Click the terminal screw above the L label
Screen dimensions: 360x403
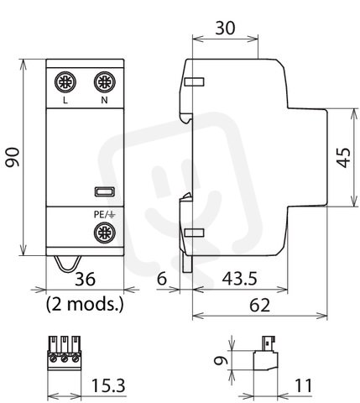pyautogui.click(x=65, y=82)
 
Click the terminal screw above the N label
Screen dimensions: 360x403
pyautogui.click(x=105, y=82)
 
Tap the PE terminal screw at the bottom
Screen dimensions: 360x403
pyautogui.click(x=105, y=233)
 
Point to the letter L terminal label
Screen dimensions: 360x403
pyautogui.click(x=65, y=100)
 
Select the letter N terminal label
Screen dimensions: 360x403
pyautogui.click(x=104, y=100)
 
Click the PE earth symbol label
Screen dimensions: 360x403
pyautogui.click(x=104, y=215)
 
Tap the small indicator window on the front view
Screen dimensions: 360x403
pyautogui.click(x=105, y=191)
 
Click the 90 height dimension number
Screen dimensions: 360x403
pyautogui.click(x=13, y=158)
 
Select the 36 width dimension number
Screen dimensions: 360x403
pyautogui.click(x=85, y=279)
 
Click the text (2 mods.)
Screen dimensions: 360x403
pyautogui.click(x=85, y=304)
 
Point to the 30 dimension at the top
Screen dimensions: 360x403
pyautogui.click(x=225, y=28)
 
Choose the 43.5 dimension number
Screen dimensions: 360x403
pyautogui.click(x=239, y=279)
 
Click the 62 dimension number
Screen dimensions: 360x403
pyautogui.click(x=260, y=305)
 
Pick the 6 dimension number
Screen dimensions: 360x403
pyautogui.click(x=162, y=279)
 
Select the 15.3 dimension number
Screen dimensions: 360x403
pyautogui.click(x=108, y=385)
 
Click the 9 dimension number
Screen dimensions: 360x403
pyautogui.click(x=221, y=360)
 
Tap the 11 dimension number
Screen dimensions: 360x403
pyautogui.click(x=304, y=385)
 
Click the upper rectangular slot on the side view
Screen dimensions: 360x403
pyautogui.click(x=195, y=81)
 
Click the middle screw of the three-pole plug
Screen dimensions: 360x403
pyautogui.click(x=65, y=359)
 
